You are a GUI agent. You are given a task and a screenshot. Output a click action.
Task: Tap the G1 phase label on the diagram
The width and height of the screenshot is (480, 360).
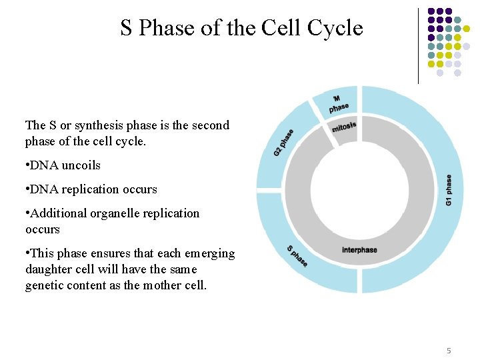[x=449, y=190]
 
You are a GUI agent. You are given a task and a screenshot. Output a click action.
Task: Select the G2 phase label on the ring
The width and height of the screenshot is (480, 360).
[x=283, y=143]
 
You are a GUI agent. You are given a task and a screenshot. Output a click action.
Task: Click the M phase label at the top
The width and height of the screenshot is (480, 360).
[x=338, y=103]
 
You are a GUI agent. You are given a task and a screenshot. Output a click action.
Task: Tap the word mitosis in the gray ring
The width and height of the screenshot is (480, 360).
[x=344, y=126]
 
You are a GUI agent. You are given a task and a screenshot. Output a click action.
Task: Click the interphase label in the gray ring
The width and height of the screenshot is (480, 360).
[x=359, y=250]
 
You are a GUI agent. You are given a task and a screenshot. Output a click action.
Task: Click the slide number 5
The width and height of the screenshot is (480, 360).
[x=449, y=351]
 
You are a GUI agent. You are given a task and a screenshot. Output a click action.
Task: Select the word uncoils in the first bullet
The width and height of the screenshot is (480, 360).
[x=81, y=165]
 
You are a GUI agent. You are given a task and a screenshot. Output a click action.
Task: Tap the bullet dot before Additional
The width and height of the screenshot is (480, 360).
[x=27, y=213]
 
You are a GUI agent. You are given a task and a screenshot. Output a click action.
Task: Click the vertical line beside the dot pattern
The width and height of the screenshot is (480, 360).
[x=418, y=45]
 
